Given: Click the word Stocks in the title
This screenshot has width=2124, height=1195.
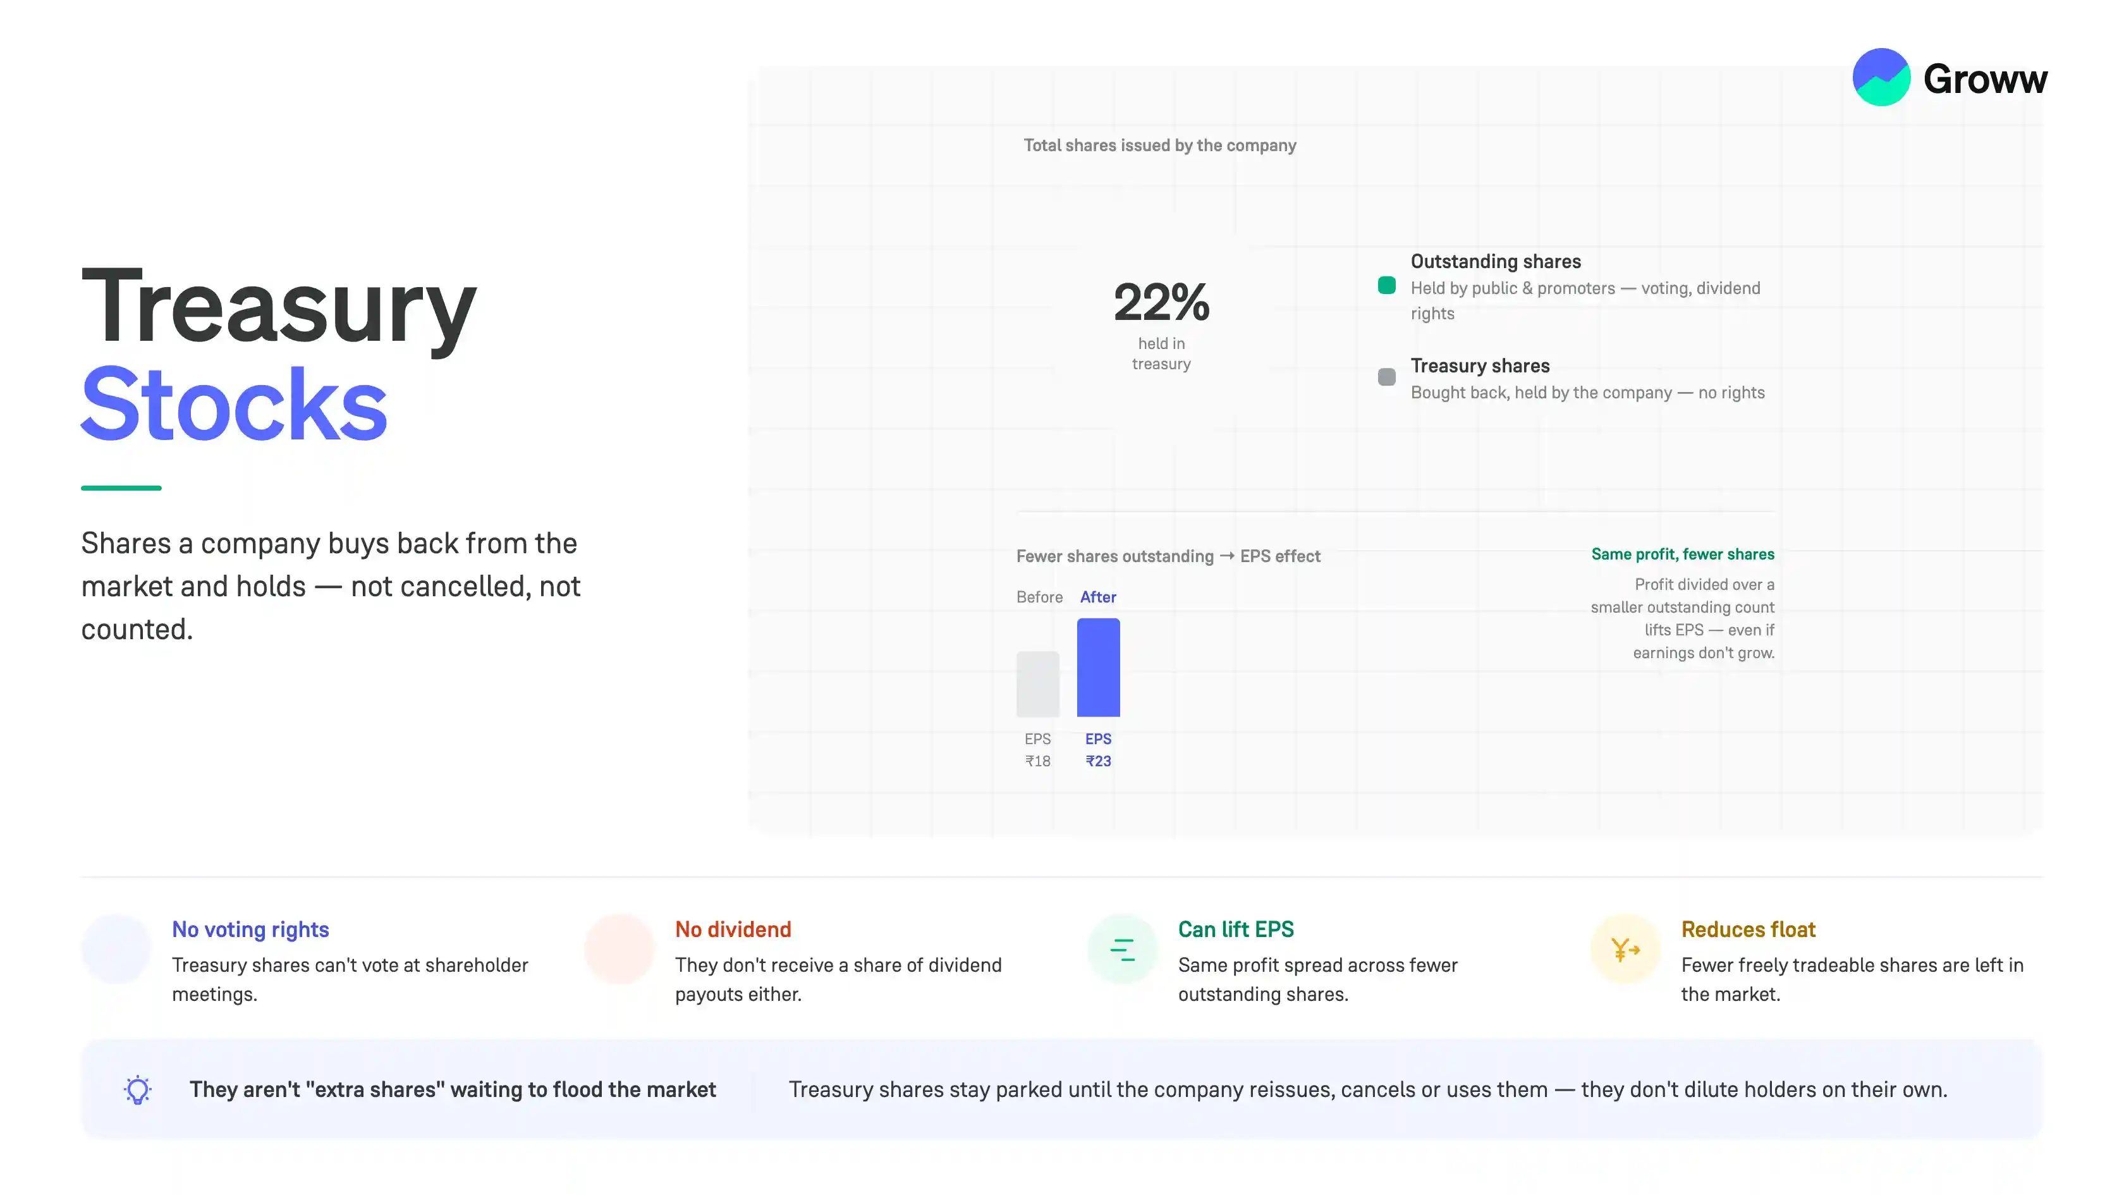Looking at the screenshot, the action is click(x=234, y=404).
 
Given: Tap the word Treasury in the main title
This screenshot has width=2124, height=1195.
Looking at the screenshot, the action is click(x=279, y=307).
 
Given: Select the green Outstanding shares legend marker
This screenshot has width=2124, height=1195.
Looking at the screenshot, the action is click(x=1387, y=285).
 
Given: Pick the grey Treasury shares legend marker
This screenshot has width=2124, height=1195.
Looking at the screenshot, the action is click(x=1387, y=377).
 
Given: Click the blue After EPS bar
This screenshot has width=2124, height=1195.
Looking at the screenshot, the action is click(x=1098, y=667).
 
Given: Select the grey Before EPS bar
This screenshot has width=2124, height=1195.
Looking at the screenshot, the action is click(x=1037, y=683).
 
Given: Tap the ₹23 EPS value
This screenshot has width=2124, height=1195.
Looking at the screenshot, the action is click(x=1098, y=761).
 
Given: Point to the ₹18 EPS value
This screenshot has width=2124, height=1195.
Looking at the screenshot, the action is click(x=1037, y=761).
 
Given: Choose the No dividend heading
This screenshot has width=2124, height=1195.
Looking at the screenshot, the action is click(x=733, y=929).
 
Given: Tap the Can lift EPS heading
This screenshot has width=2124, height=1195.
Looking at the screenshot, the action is click(x=1236, y=929).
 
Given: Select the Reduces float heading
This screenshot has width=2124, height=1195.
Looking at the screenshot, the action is click(x=1748, y=929).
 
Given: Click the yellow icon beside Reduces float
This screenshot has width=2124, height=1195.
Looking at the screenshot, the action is click(x=1625, y=949).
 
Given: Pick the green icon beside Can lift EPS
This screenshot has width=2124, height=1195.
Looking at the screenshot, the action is click(x=1122, y=949).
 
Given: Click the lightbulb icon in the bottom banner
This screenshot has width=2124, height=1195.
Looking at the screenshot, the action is click(x=138, y=1090).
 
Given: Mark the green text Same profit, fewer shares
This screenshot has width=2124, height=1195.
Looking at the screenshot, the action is click(x=1682, y=555).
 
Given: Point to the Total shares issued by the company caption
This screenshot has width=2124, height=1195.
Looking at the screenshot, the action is click(x=1159, y=145).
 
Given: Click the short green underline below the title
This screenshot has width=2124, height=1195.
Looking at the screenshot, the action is click(x=121, y=488).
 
